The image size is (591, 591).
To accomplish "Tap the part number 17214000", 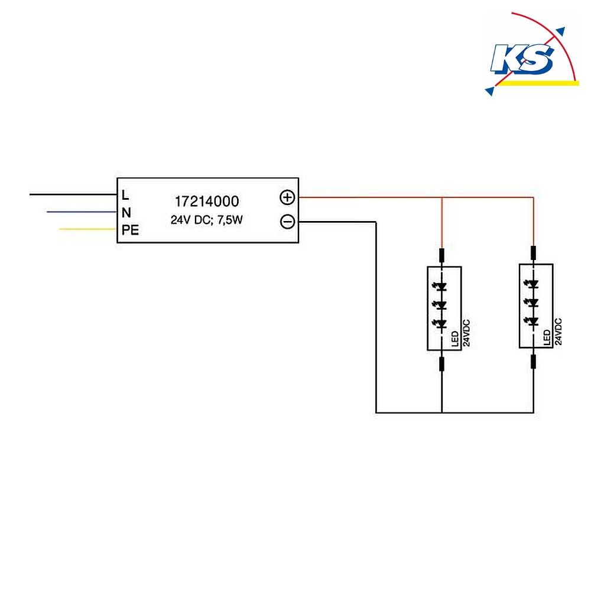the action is click(206, 202).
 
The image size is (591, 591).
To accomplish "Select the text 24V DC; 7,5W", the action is click(206, 220).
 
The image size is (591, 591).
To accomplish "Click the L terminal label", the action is click(125, 195).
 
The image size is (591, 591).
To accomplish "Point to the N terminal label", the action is click(126, 213).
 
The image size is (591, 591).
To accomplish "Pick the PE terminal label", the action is click(130, 230).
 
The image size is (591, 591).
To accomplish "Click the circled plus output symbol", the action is click(287, 197).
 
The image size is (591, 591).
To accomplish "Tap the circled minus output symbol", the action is click(288, 222).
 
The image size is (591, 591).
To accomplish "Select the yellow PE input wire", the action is click(87, 229).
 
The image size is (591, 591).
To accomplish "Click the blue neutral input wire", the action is click(82, 212).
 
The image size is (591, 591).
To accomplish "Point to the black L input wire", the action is click(73, 194).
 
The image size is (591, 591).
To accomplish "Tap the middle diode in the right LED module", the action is click(532, 302).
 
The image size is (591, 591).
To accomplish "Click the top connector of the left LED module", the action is click(441, 255).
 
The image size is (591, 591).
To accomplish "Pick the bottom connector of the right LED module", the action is click(533, 362).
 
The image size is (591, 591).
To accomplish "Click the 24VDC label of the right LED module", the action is click(558, 332).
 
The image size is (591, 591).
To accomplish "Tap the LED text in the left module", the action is click(455, 339).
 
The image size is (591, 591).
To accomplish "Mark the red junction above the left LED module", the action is click(441, 197).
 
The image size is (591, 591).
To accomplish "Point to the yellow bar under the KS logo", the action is click(538, 83).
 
